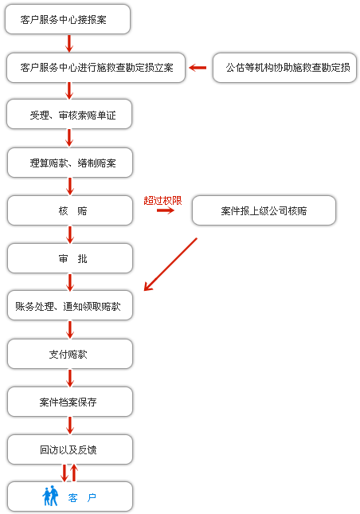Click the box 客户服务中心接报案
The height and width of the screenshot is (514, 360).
click(x=68, y=19)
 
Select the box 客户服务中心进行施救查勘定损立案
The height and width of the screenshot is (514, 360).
click(x=96, y=68)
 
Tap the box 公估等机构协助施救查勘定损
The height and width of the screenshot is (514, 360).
click(x=284, y=68)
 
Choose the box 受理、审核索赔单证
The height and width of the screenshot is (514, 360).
click(x=69, y=115)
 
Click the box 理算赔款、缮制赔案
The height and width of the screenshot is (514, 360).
click(x=70, y=163)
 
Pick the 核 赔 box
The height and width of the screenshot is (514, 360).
click(x=70, y=210)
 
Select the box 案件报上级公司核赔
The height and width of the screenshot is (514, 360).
click(x=264, y=210)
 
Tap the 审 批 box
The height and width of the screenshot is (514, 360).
click(x=70, y=258)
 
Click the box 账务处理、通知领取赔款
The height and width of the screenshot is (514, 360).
click(x=70, y=306)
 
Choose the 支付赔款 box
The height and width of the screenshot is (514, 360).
click(x=70, y=354)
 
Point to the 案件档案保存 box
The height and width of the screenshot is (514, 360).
click(x=70, y=402)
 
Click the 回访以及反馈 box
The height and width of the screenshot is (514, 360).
click(x=70, y=449)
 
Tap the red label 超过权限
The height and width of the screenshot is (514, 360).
click(x=162, y=201)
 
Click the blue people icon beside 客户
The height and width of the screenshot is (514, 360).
click(x=50, y=496)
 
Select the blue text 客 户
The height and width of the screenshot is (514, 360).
click(x=82, y=497)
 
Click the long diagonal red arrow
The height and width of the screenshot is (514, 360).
click(x=170, y=265)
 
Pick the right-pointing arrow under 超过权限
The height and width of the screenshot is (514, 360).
click(x=166, y=210)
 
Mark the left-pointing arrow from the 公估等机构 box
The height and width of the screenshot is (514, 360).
click(x=198, y=68)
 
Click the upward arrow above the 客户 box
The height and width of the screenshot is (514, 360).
click(x=74, y=473)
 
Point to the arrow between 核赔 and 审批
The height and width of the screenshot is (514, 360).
click(x=70, y=234)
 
